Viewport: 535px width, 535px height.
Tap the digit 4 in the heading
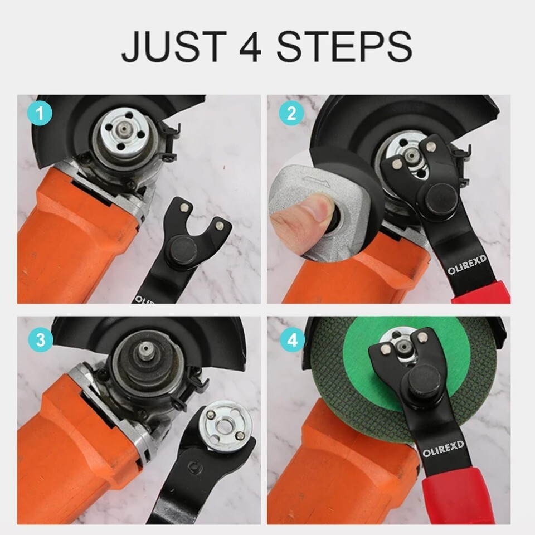pyautogui.click(x=250, y=46)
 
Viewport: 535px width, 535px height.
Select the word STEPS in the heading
pyautogui.click(x=344, y=46)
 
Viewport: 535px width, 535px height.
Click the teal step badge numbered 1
pyautogui.click(x=40, y=113)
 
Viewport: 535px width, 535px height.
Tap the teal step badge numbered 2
pyautogui.click(x=291, y=113)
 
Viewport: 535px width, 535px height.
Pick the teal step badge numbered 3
pyautogui.click(x=40, y=340)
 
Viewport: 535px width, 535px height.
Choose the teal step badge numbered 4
pyautogui.click(x=292, y=340)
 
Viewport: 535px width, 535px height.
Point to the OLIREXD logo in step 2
pyautogui.click(x=467, y=265)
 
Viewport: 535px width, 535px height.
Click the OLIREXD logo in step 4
pyautogui.click(x=443, y=448)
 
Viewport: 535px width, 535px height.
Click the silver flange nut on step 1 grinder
pyautogui.click(x=123, y=130)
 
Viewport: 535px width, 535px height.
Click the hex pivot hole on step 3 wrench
pyautogui.click(x=194, y=466)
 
